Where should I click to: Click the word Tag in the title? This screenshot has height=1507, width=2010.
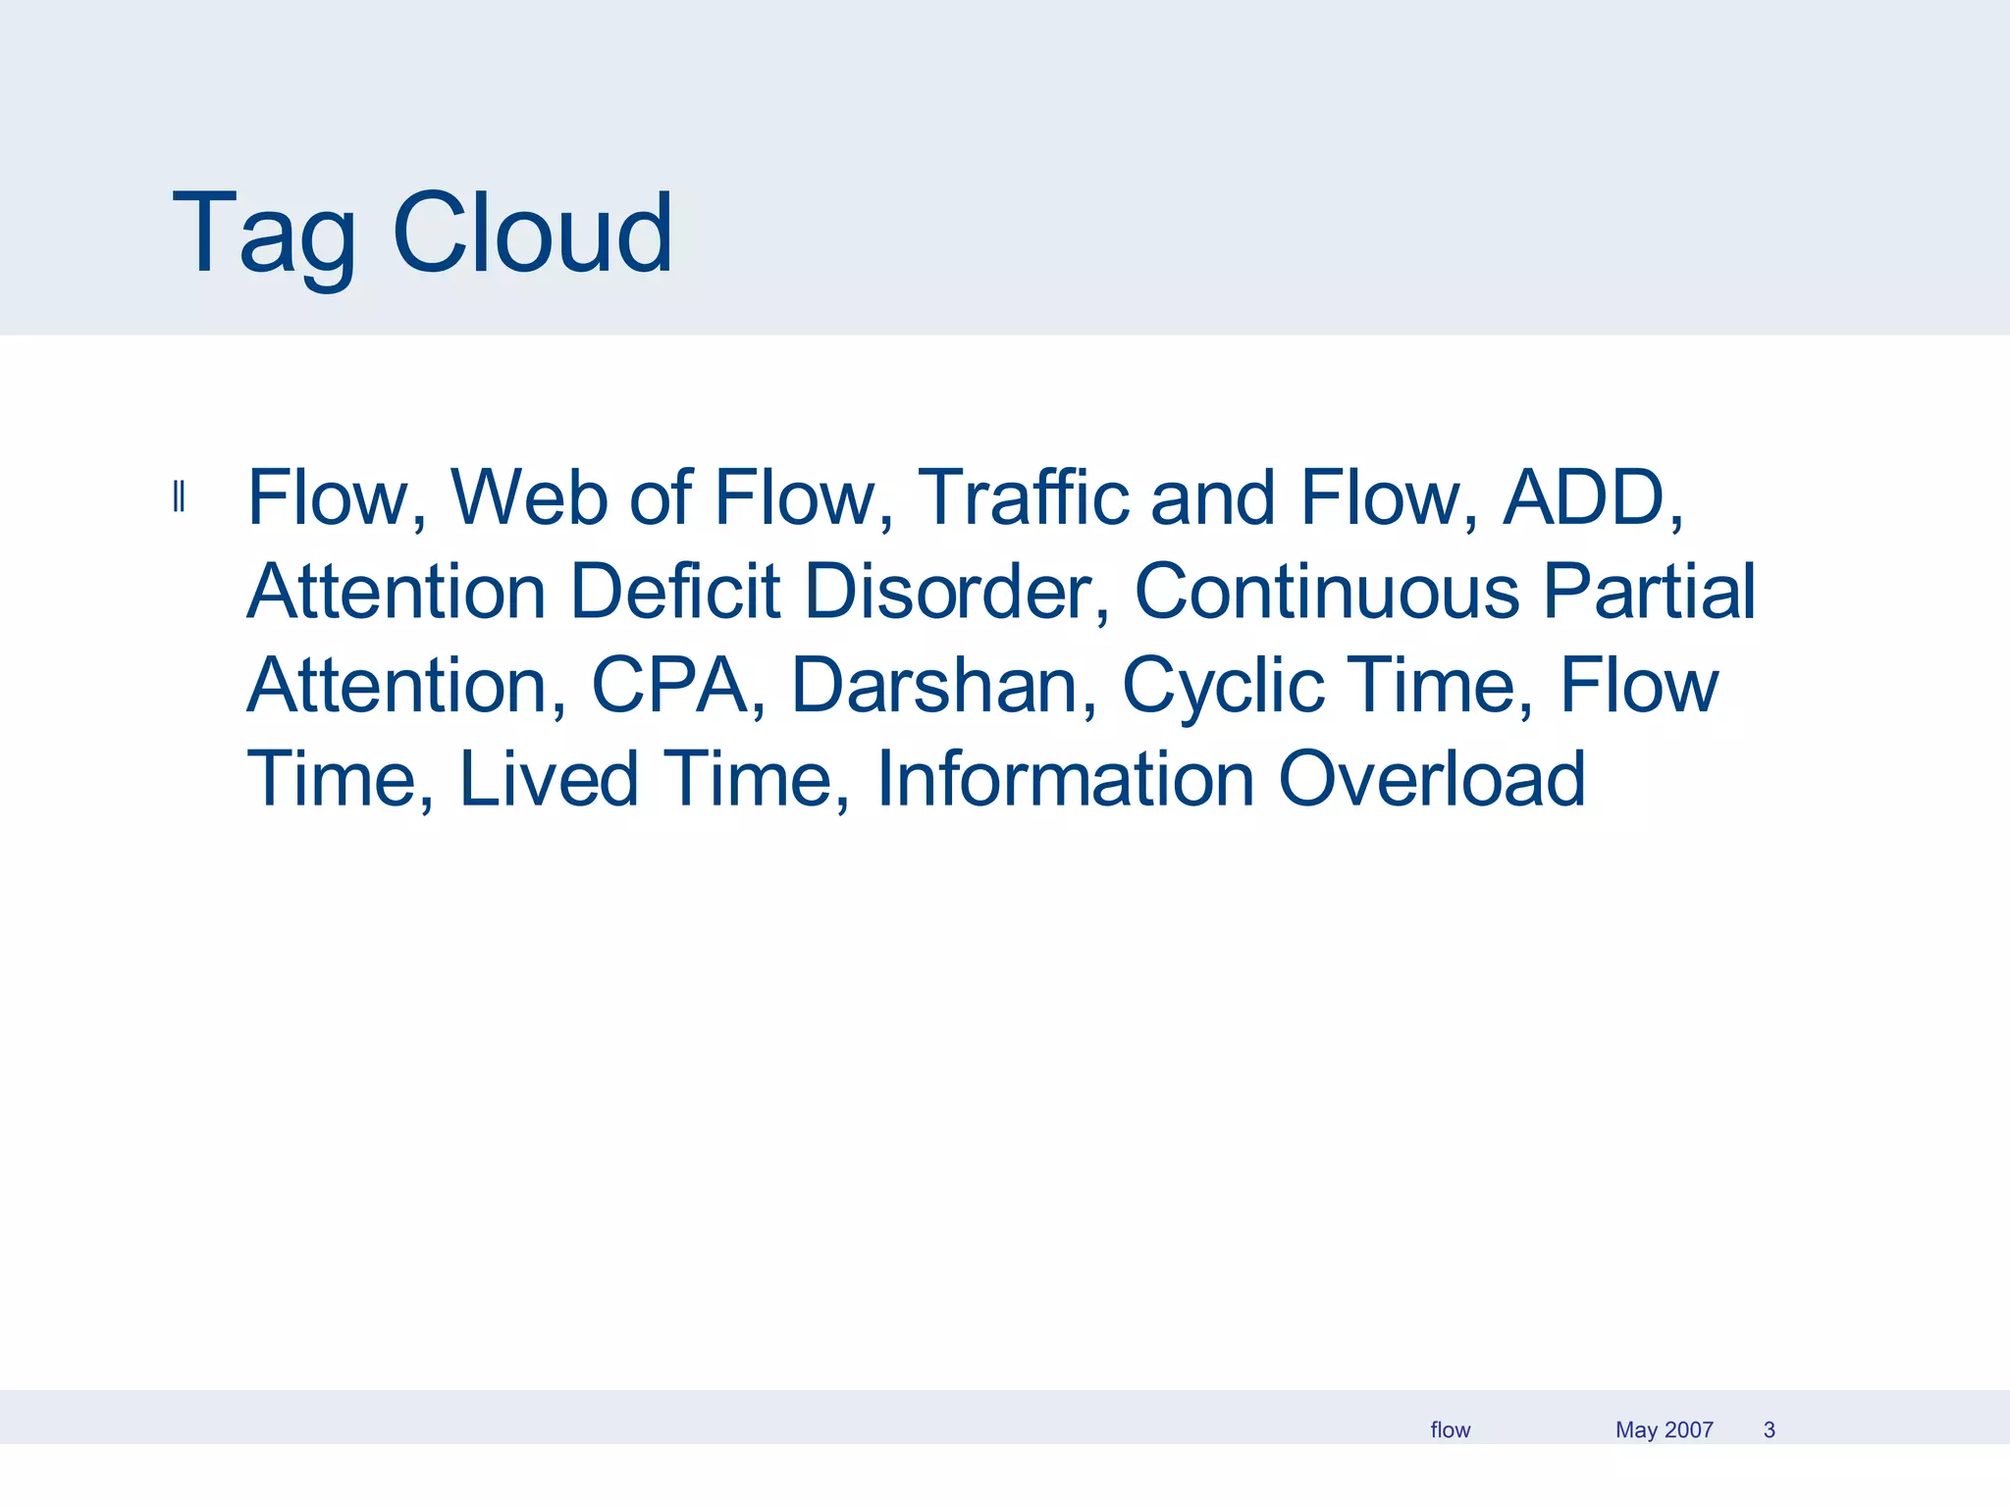[263, 235]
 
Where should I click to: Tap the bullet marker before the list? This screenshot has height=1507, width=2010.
[179, 497]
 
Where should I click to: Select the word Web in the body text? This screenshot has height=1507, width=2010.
[529, 497]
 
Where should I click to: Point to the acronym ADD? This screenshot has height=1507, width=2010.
[1584, 497]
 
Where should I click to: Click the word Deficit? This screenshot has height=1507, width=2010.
[675, 592]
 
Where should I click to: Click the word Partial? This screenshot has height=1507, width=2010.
[1649, 592]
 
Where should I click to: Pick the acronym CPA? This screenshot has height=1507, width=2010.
[670, 685]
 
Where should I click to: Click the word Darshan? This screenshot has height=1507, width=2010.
[935, 685]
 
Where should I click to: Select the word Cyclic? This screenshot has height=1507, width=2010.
[1223, 685]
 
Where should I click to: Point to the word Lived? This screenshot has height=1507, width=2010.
[549, 779]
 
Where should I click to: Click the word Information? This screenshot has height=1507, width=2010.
[1065, 779]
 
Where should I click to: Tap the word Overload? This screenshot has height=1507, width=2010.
[1432, 779]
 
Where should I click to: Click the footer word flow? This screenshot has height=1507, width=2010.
[1450, 1430]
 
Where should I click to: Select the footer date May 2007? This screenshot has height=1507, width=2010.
[1664, 1430]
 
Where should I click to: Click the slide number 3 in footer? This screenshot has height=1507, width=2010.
[1769, 1430]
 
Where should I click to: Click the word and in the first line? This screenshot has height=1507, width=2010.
[1214, 497]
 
